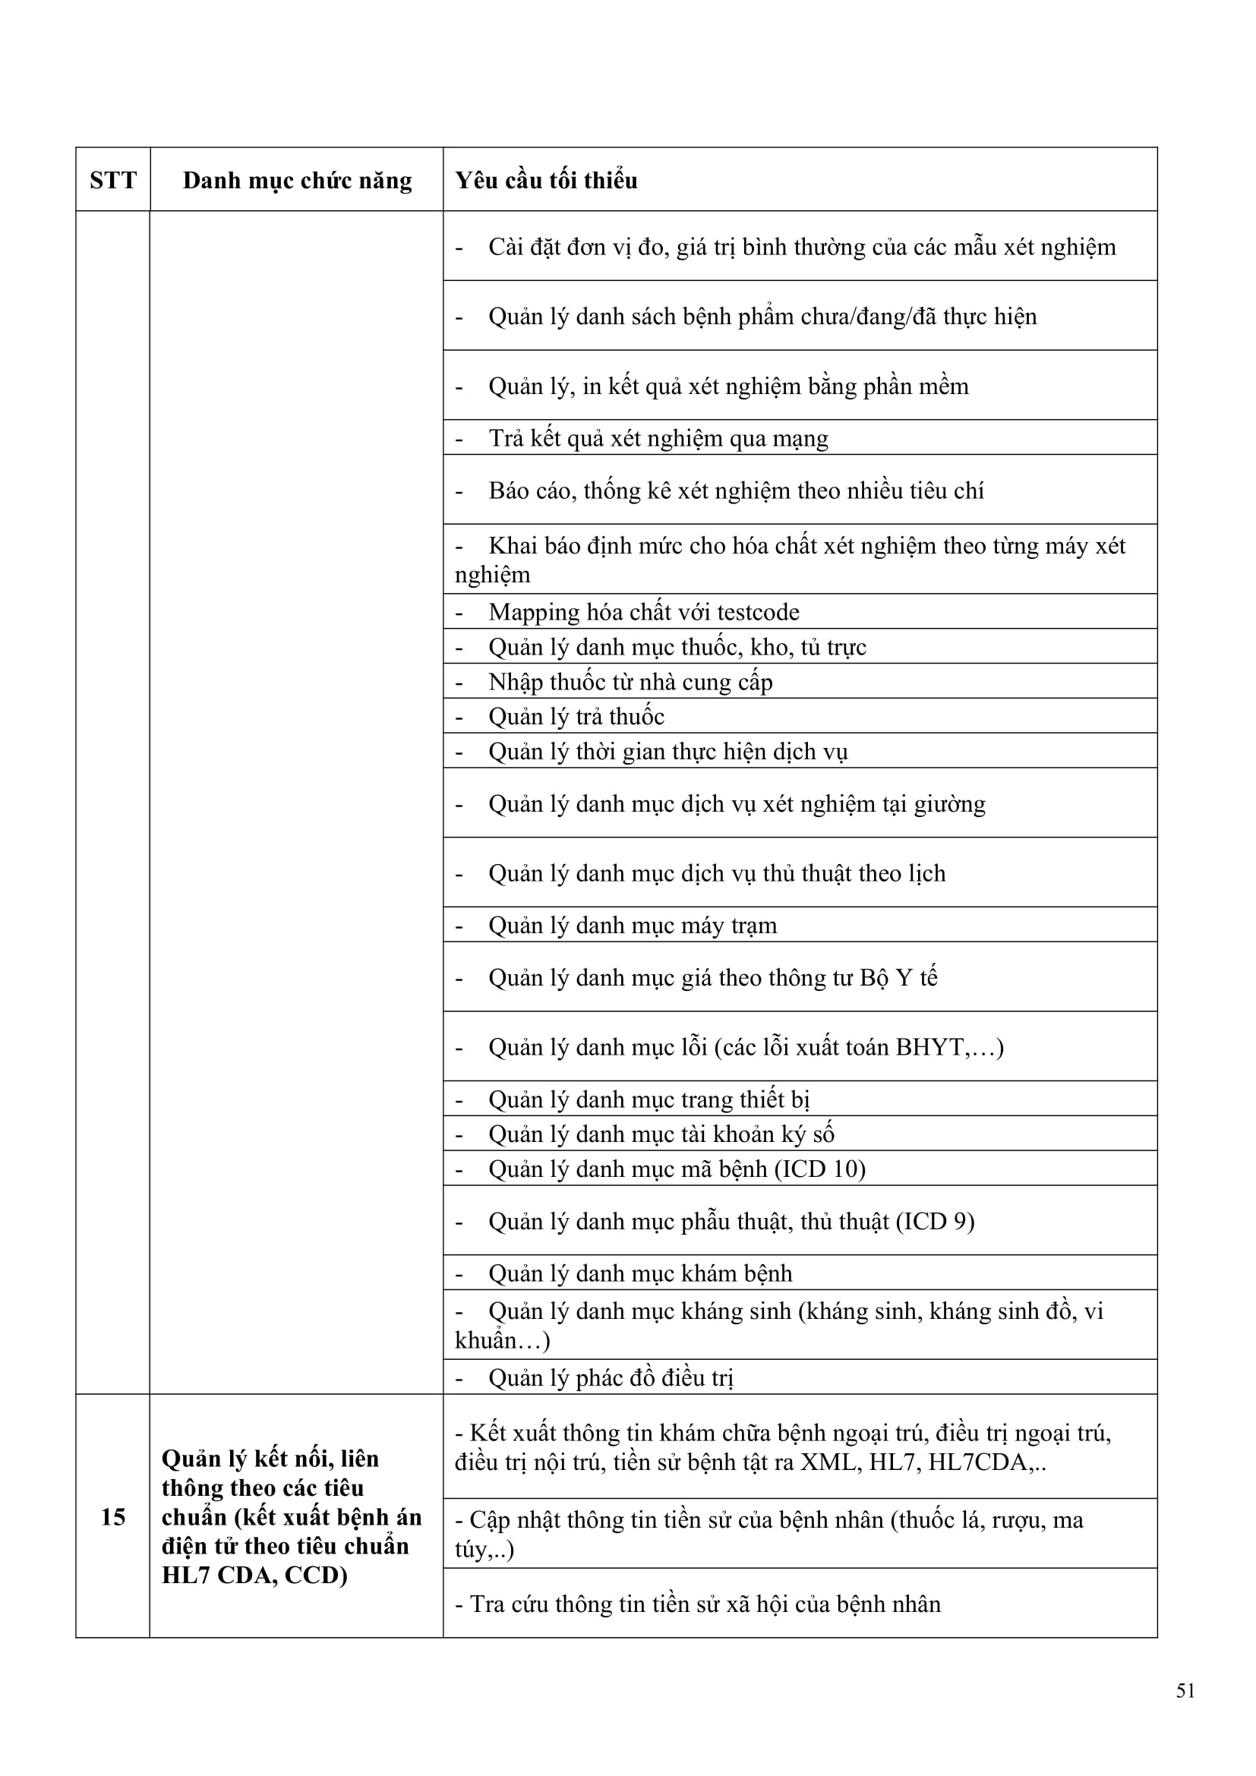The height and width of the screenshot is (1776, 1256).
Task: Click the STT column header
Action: (113, 180)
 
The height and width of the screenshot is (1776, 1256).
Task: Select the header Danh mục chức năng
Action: (297, 180)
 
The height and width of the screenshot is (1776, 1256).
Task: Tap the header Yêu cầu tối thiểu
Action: (546, 180)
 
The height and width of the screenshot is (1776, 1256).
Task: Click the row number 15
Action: (113, 1517)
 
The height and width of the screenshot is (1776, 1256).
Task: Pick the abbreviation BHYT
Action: (929, 1046)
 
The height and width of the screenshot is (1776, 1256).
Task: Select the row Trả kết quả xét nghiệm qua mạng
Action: (658, 439)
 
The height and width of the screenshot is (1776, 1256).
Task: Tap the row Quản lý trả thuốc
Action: (576, 716)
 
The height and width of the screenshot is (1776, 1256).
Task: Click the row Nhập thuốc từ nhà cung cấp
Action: (630, 681)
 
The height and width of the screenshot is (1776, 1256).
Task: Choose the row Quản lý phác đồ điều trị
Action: (611, 1377)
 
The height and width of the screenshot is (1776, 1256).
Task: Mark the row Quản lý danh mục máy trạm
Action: (633, 925)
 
